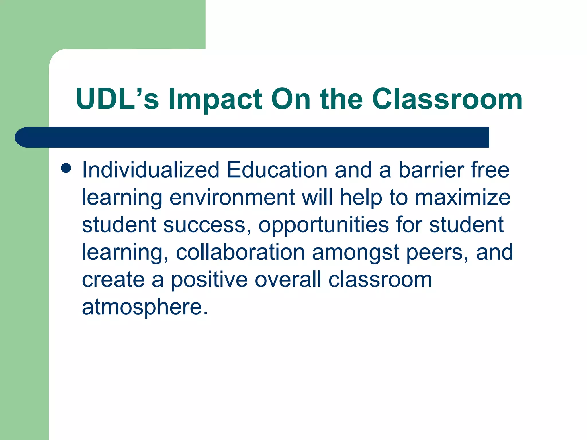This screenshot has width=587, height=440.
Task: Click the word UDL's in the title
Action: (x=117, y=99)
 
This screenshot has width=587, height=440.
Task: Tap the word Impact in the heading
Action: (x=215, y=99)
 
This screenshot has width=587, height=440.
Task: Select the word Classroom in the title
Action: (x=447, y=99)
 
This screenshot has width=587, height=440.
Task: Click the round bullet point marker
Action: (x=66, y=168)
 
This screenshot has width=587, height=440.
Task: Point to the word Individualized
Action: (x=151, y=170)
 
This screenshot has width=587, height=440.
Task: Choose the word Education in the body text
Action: (x=277, y=170)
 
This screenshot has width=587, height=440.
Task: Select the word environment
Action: (x=232, y=197)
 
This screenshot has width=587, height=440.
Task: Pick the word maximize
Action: (x=463, y=197)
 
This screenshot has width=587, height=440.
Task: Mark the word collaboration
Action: (x=240, y=252)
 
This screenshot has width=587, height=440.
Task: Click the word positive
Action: (x=209, y=280)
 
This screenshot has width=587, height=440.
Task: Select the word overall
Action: (x=288, y=280)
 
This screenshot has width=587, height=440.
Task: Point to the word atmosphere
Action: (x=145, y=307)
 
